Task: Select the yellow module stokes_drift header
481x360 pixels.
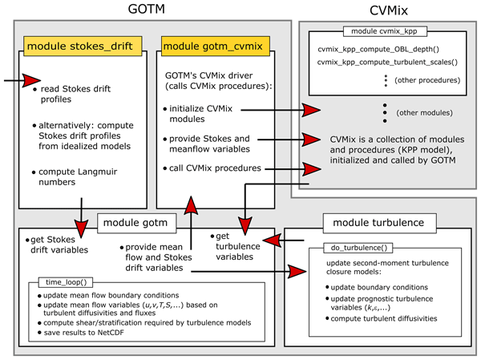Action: [x=85, y=45]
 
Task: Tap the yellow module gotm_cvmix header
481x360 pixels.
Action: [x=205, y=45]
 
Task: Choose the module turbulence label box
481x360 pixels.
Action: [x=378, y=220]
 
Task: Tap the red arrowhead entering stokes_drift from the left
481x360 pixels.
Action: [x=30, y=80]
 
